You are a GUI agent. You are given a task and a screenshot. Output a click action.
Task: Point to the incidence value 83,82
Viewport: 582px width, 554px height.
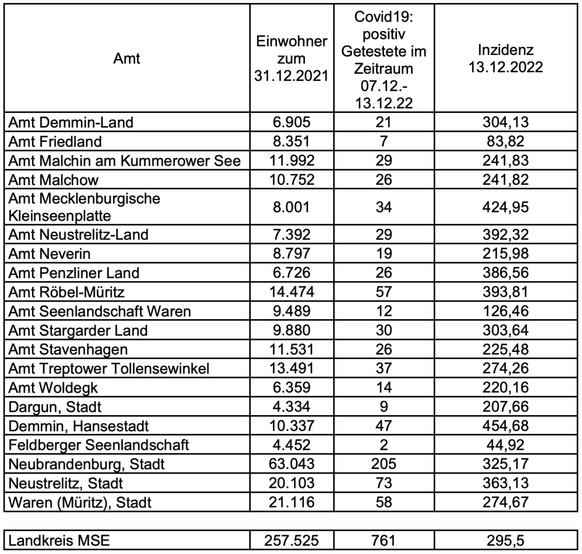tap(506, 141)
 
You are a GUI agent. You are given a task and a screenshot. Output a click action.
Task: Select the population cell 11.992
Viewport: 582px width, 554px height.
tap(291, 160)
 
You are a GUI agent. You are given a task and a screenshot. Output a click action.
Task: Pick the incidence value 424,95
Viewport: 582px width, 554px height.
tap(506, 207)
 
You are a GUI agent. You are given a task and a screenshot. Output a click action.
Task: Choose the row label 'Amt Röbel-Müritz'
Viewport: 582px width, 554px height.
tap(67, 292)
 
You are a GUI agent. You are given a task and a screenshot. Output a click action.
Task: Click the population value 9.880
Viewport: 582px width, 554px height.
tap(291, 330)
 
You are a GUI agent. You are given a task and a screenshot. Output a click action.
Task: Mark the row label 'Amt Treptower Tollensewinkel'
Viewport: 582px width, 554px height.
tap(109, 369)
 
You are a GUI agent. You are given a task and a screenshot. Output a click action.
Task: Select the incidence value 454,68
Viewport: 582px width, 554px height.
tap(506, 426)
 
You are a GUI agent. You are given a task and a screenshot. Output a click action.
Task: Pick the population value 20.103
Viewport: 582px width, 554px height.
tap(291, 483)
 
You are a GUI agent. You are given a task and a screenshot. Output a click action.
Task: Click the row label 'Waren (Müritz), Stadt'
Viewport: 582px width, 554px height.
tap(81, 502)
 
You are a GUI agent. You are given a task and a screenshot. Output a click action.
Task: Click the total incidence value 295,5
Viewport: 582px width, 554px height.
tap(506, 541)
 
